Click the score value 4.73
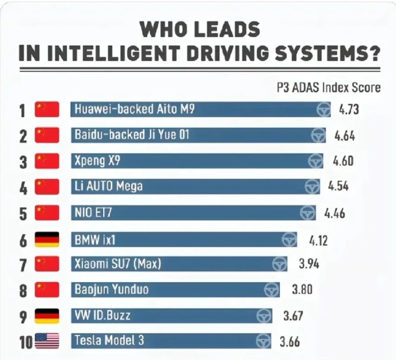(349, 109)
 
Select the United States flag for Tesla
(47, 341)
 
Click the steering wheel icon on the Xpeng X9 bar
(316, 161)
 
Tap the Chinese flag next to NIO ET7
(47, 213)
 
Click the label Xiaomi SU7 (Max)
(118, 264)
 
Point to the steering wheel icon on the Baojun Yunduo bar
(272, 290)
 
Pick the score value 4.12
(318, 239)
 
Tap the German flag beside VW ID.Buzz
(47, 316)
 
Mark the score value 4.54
(338, 187)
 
